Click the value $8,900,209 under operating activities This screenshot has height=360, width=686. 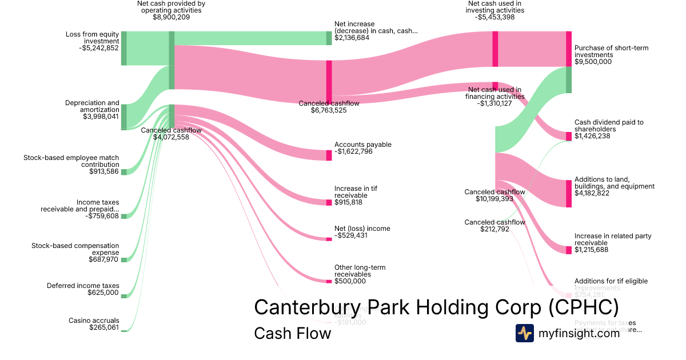click(171, 17)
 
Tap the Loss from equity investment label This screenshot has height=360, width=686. click(93, 38)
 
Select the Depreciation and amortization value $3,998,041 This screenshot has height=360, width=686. click(101, 117)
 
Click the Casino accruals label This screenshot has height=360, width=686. click(94, 321)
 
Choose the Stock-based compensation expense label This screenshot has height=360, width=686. click(75, 249)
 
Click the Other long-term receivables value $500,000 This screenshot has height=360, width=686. click(350, 281)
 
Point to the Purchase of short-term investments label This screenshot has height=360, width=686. click(611, 51)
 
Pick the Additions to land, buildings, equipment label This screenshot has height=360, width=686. click(615, 183)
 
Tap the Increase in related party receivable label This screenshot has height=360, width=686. click(612, 239)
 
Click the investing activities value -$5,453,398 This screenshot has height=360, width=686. click(495, 17)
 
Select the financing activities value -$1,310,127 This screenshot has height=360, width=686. click(495, 104)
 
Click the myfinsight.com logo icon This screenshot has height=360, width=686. click(524, 333)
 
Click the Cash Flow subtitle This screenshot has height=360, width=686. click(292, 333)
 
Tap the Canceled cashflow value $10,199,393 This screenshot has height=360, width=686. click(494, 199)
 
